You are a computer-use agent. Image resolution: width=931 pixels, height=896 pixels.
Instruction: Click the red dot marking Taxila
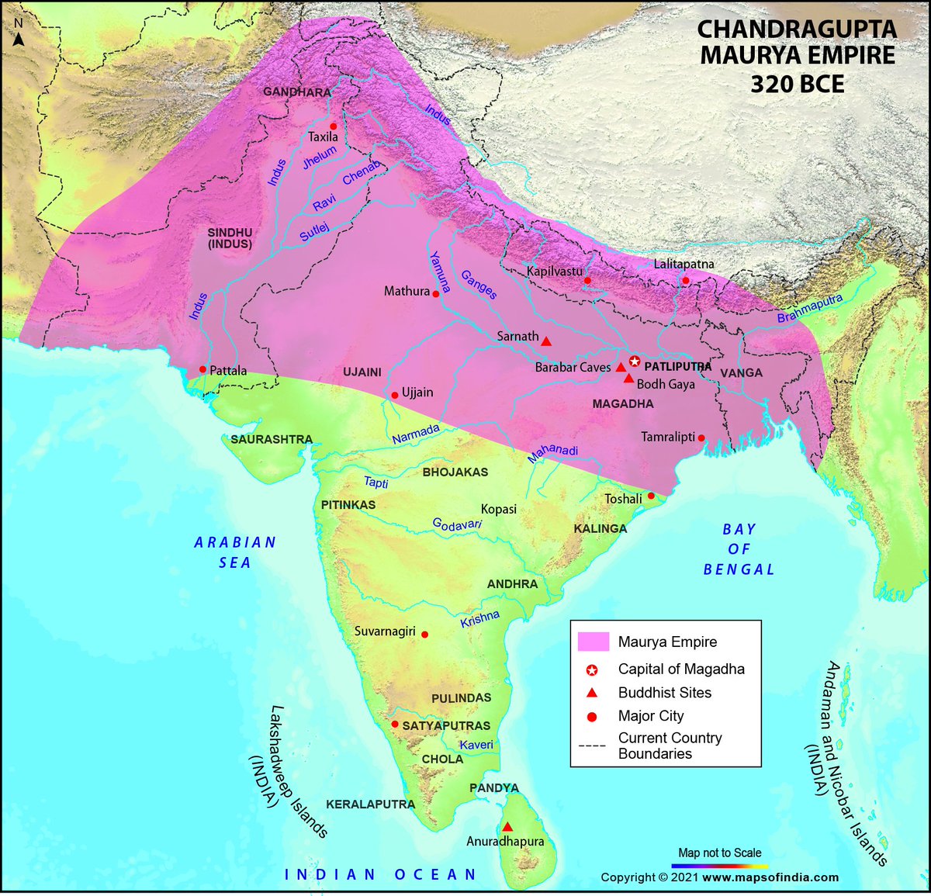pos(334,126)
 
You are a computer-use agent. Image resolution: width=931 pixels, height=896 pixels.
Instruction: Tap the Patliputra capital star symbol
pos(635,362)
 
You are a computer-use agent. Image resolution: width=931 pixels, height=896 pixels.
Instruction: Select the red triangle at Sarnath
pos(546,341)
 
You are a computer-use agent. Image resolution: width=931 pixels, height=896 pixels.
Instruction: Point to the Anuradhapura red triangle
pos(507,827)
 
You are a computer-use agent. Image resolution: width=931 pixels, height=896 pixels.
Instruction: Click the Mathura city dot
pos(436,294)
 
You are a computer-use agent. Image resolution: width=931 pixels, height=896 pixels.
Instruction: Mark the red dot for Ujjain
pos(395,394)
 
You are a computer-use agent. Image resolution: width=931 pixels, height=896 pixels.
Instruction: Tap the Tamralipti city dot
pos(701,438)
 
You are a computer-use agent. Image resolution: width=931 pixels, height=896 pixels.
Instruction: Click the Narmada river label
pos(416,434)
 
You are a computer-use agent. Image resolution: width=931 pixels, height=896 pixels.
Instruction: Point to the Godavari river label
pos(457,525)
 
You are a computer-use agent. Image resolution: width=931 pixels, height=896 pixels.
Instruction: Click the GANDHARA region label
pos(297,92)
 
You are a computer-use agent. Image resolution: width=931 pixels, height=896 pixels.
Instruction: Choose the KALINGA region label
pos(600,528)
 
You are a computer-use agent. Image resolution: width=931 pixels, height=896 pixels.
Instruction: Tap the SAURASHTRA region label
pos(272,439)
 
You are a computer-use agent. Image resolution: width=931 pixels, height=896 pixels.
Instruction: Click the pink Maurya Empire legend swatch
pos(593,642)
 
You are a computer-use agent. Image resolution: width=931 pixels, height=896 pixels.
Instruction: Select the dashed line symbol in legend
pos(592,746)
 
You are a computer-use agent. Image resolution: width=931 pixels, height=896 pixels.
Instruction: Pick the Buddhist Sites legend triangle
pos(592,693)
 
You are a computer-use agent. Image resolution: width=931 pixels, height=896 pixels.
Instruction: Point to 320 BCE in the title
pos(797,83)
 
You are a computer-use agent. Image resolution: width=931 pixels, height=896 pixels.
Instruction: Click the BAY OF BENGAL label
pos(739,549)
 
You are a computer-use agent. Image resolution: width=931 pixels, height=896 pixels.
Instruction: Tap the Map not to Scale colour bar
pos(719,865)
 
